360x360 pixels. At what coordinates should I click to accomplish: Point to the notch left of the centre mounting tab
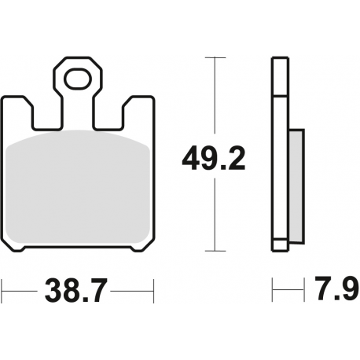click(46, 114)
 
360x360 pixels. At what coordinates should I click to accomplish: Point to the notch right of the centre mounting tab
click(111, 114)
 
